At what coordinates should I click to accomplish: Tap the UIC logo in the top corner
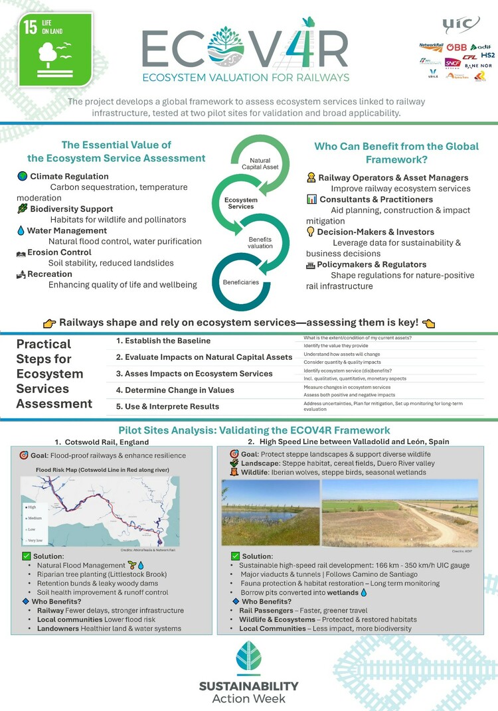click(x=461, y=25)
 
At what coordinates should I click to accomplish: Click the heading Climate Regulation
click(x=69, y=177)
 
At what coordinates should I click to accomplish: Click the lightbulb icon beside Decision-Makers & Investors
click(x=310, y=232)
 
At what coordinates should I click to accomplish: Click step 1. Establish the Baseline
click(x=163, y=341)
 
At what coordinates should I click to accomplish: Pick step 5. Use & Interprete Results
click(x=167, y=406)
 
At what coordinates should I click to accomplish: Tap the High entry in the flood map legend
click(x=31, y=507)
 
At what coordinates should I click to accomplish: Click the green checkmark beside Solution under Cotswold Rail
click(x=26, y=555)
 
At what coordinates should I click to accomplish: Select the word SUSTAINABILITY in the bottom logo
click(x=249, y=686)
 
